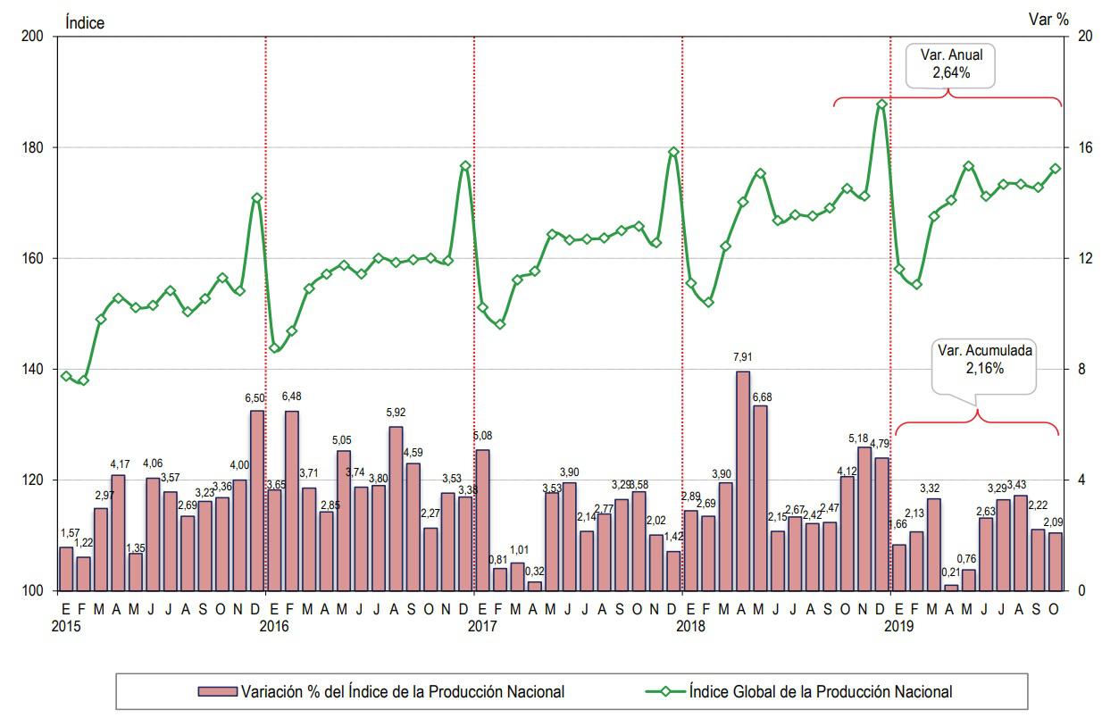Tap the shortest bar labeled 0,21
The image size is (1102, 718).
click(x=951, y=588)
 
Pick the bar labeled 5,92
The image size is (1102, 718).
click(x=396, y=508)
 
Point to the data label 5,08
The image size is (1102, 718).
click(x=482, y=436)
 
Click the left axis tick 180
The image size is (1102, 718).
click(x=34, y=147)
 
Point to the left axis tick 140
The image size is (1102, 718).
click(x=34, y=369)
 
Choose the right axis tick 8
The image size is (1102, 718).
click(x=1082, y=369)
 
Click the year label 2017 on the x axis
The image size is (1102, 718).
click(x=482, y=626)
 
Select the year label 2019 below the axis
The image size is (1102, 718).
click(x=899, y=626)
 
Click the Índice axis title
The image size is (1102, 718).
click(x=84, y=23)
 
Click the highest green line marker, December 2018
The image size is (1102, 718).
click(x=881, y=104)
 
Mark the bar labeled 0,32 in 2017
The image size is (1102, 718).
click(x=534, y=586)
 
